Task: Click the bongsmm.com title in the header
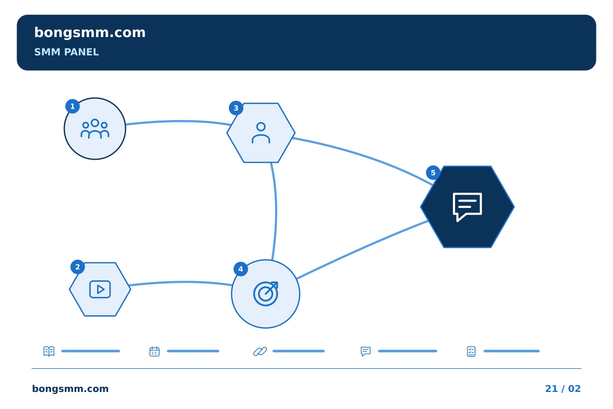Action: coord(90,33)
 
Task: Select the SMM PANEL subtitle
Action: coord(66,52)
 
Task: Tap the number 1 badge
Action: coord(72,106)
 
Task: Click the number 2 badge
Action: coord(77,267)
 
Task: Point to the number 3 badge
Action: coord(236,108)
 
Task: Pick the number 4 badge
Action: coord(241,269)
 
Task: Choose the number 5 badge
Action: coord(433,173)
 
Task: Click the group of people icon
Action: coord(95,129)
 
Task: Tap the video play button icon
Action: coord(100,289)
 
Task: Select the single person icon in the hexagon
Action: coord(261,133)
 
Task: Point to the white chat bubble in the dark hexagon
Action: coord(467,207)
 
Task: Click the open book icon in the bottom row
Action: coord(49,351)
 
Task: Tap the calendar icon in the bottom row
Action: coord(155,351)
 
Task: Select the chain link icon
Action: coord(260,351)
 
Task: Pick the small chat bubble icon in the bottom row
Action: coord(366,351)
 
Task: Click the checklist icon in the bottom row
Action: coord(471,351)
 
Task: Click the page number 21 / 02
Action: coord(563,389)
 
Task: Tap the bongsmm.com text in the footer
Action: coord(70,389)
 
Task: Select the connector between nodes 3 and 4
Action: coord(276,211)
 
